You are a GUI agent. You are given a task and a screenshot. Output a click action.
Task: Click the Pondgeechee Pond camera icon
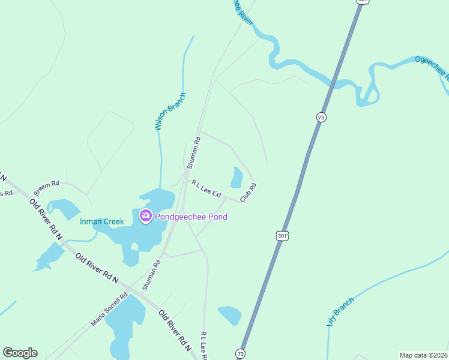coord(145,216)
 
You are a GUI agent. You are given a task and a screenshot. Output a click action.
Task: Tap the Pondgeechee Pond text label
coord(191,217)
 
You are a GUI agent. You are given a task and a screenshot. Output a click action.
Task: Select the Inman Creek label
coord(102,221)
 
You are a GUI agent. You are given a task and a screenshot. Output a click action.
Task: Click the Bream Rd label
coord(46,188)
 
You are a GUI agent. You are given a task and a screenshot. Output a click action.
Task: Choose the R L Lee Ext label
coord(206,189)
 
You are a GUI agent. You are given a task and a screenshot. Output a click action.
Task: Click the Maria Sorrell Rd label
coord(109,309)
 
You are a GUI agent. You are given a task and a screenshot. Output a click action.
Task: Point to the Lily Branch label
coord(340,311)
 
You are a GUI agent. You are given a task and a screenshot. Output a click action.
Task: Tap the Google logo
coord(20,353)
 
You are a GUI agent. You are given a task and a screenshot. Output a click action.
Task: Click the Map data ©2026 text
coord(424,355)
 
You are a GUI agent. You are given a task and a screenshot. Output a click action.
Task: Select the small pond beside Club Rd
coord(237,178)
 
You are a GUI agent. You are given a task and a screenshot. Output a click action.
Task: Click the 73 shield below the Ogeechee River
coord(322,118)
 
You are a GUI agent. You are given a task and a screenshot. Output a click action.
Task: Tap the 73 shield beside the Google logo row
coord(241,353)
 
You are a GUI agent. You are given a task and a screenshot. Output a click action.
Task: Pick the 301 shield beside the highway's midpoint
coord(282,236)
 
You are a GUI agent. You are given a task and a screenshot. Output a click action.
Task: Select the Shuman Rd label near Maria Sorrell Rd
coord(152,275)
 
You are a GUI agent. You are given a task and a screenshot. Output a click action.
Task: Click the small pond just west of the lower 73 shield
coord(229,314)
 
